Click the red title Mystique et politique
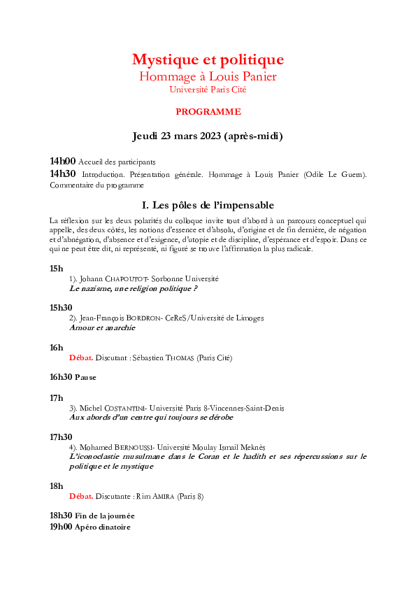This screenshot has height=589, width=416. pyautogui.click(x=208, y=59)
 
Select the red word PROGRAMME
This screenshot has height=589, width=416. pyautogui.click(x=208, y=111)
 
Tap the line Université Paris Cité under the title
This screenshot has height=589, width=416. pyautogui.click(x=208, y=89)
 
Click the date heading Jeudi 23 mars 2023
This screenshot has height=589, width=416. pyautogui.click(x=208, y=136)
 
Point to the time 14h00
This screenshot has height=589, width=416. pyautogui.click(x=62, y=161)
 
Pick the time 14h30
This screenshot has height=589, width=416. pyautogui.click(x=62, y=173)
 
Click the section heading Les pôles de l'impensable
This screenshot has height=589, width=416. pyautogui.click(x=208, y=205)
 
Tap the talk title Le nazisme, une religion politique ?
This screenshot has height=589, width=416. pyautogui.click(x=134, y=288)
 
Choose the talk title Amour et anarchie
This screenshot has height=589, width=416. pyautogui.click(x=102, y=327)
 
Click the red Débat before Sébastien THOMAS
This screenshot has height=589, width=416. pyautogui.click(x=81, y=357)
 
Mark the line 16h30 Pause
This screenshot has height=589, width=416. pyautogui.click(x=73, y=377)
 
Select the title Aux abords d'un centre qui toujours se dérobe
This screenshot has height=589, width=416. pyautogui.click(x=151, y=417)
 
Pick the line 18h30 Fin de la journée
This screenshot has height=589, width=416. pyautogui.click(x=92, y=516)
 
